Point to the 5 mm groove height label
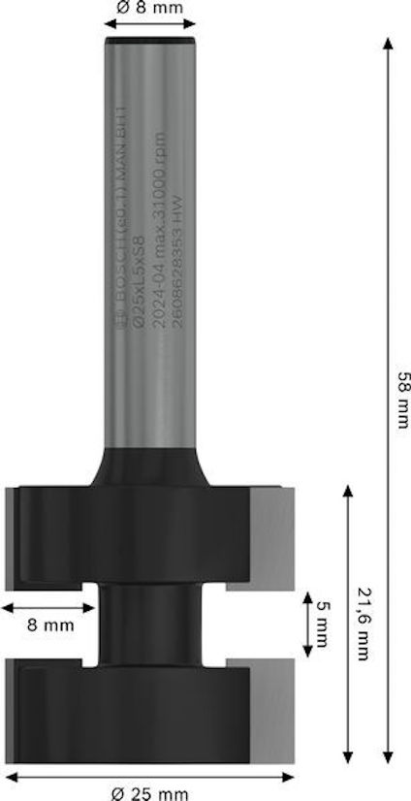tap(324, 621)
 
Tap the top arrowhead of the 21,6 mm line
tap(347, 489)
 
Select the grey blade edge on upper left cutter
tap(12, 533)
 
